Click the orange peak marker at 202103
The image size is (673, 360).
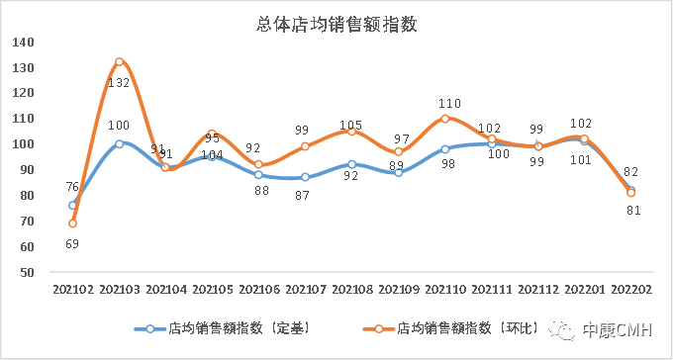click(119, 61)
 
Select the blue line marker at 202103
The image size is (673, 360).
click(119, 143)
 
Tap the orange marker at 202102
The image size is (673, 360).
click(72, 224)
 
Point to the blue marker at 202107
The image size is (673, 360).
click(305, 177)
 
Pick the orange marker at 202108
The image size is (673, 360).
click(351, 132)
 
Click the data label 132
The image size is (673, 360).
click(119, 83)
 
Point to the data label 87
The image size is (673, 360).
click(305, 195)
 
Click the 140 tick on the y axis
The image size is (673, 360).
click(24, 43)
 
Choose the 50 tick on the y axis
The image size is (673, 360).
click(27, 272)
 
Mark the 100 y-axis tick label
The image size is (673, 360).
click(24, 144)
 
